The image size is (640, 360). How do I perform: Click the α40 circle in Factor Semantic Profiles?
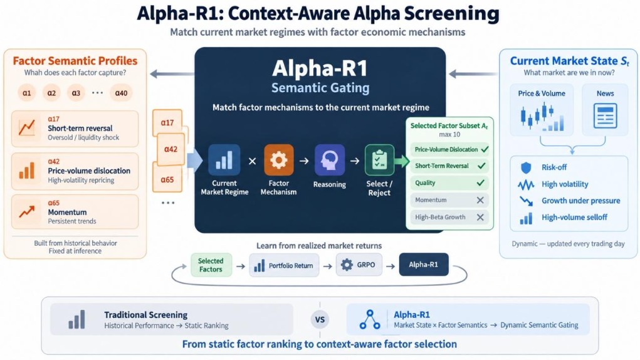pyautogui.click(x=121, y=93)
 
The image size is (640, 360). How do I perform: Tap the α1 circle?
pyautogui.click(x=26, y=93)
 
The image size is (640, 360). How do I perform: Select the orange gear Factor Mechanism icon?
pyautogui.click(x=279, y=160)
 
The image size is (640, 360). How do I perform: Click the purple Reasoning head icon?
pyautogui.click(x=329, y=160)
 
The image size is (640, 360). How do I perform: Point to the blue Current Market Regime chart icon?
pyautogui.click(x=224, y=160)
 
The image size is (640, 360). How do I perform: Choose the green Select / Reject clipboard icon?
pyautogui.click(x=380, y=160)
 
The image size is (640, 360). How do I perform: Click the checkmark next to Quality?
pyautogui.click(x=481, y=183)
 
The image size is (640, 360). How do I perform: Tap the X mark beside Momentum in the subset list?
pyautogui.click(x=480, y=200)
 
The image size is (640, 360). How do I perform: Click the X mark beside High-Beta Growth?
pyautogui.click(x=480, y=217)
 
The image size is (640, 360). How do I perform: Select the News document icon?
pyautogui.click(x=606, y=116)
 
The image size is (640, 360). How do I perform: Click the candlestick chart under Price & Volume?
pyautogui.click(x=542, y=117)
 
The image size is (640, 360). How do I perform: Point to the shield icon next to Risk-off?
pyautogui.click(x=526, y=167)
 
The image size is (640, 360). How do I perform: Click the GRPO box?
pyautogui.click(x=359, y=265)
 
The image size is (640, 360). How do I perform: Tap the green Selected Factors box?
pyautogui.click(x=211, y=265)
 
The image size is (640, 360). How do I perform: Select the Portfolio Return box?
pyautogui.click(x=284, y=265)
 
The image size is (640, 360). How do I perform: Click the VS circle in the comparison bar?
pyautogui.click(x=320, y=320)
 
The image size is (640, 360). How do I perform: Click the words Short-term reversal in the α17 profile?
pyautogui.click(x=80, y=128)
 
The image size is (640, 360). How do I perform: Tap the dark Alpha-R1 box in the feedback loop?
pyautogui.click(x=424, y=265)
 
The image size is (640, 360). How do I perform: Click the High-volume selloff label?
pyautogui.click(x=574, y=218)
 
